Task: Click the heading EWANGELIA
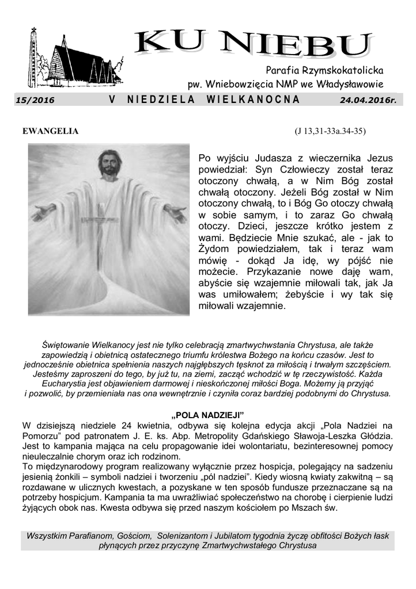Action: click(50, 131)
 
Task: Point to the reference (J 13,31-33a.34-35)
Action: click(330, 131)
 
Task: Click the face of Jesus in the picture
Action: click(109, 165)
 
